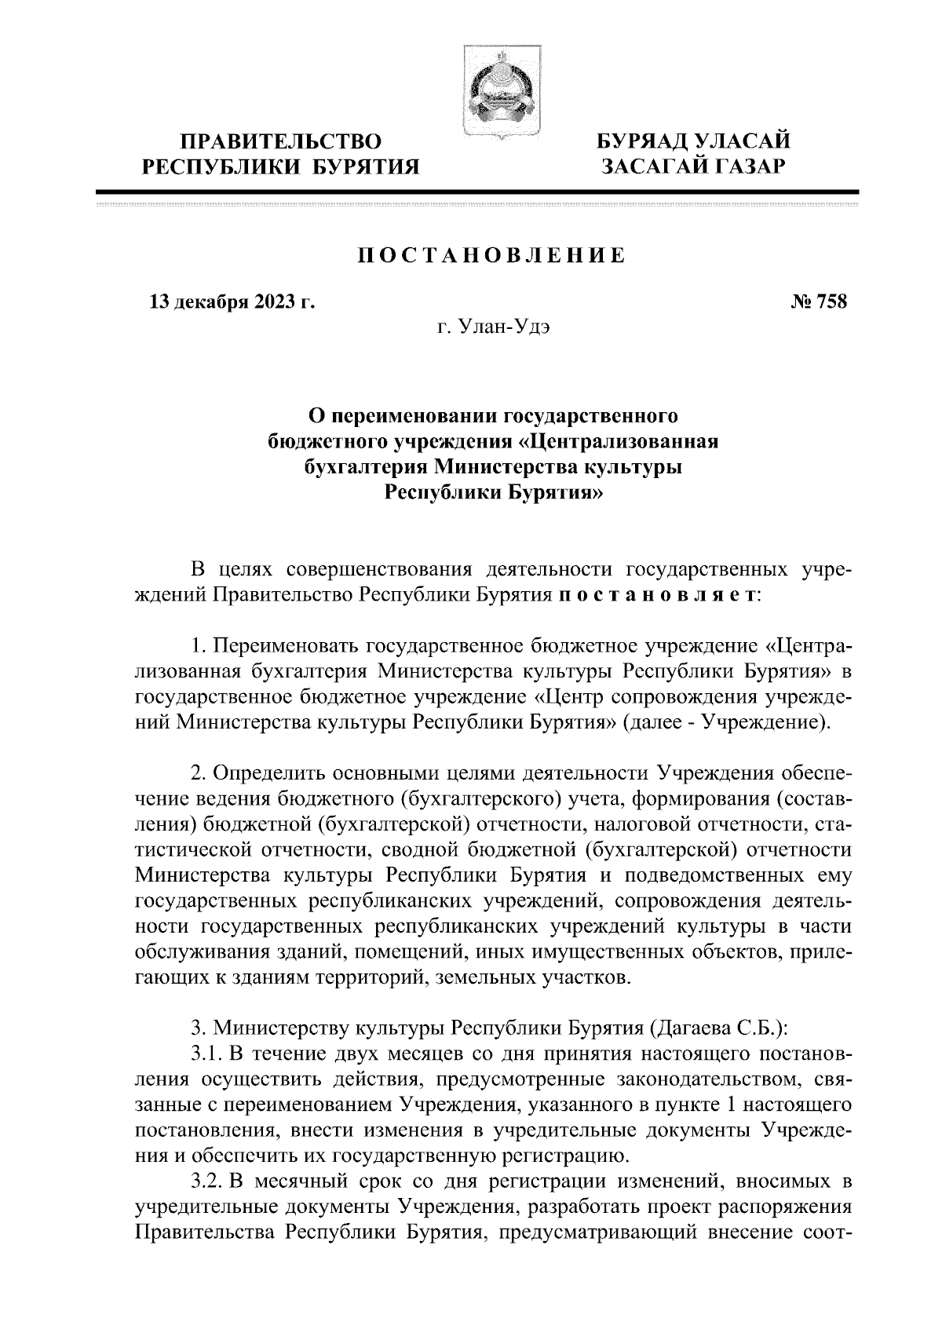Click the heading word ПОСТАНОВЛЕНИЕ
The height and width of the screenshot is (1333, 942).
click(492, 257)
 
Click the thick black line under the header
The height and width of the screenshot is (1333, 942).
click(476, 192)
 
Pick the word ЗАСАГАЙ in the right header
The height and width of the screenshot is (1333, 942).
click(647, 166)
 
